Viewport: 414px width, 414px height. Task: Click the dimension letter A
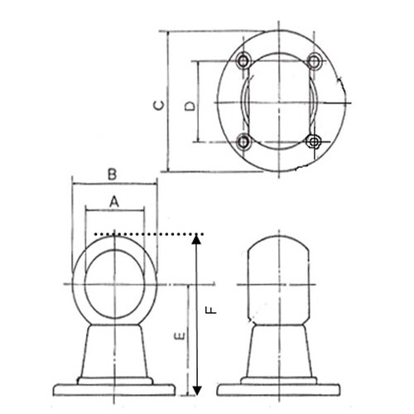115,200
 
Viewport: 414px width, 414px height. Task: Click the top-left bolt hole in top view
243,61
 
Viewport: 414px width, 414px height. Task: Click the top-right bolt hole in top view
313,61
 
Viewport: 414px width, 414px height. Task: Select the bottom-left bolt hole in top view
243,142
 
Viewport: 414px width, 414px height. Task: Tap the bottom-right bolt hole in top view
313,142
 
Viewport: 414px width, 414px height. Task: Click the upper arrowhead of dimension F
196,241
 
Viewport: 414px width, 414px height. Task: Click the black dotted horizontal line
145,234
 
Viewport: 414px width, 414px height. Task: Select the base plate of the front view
115,388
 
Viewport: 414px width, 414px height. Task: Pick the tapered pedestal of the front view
115,352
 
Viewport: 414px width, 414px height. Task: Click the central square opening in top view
278,102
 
